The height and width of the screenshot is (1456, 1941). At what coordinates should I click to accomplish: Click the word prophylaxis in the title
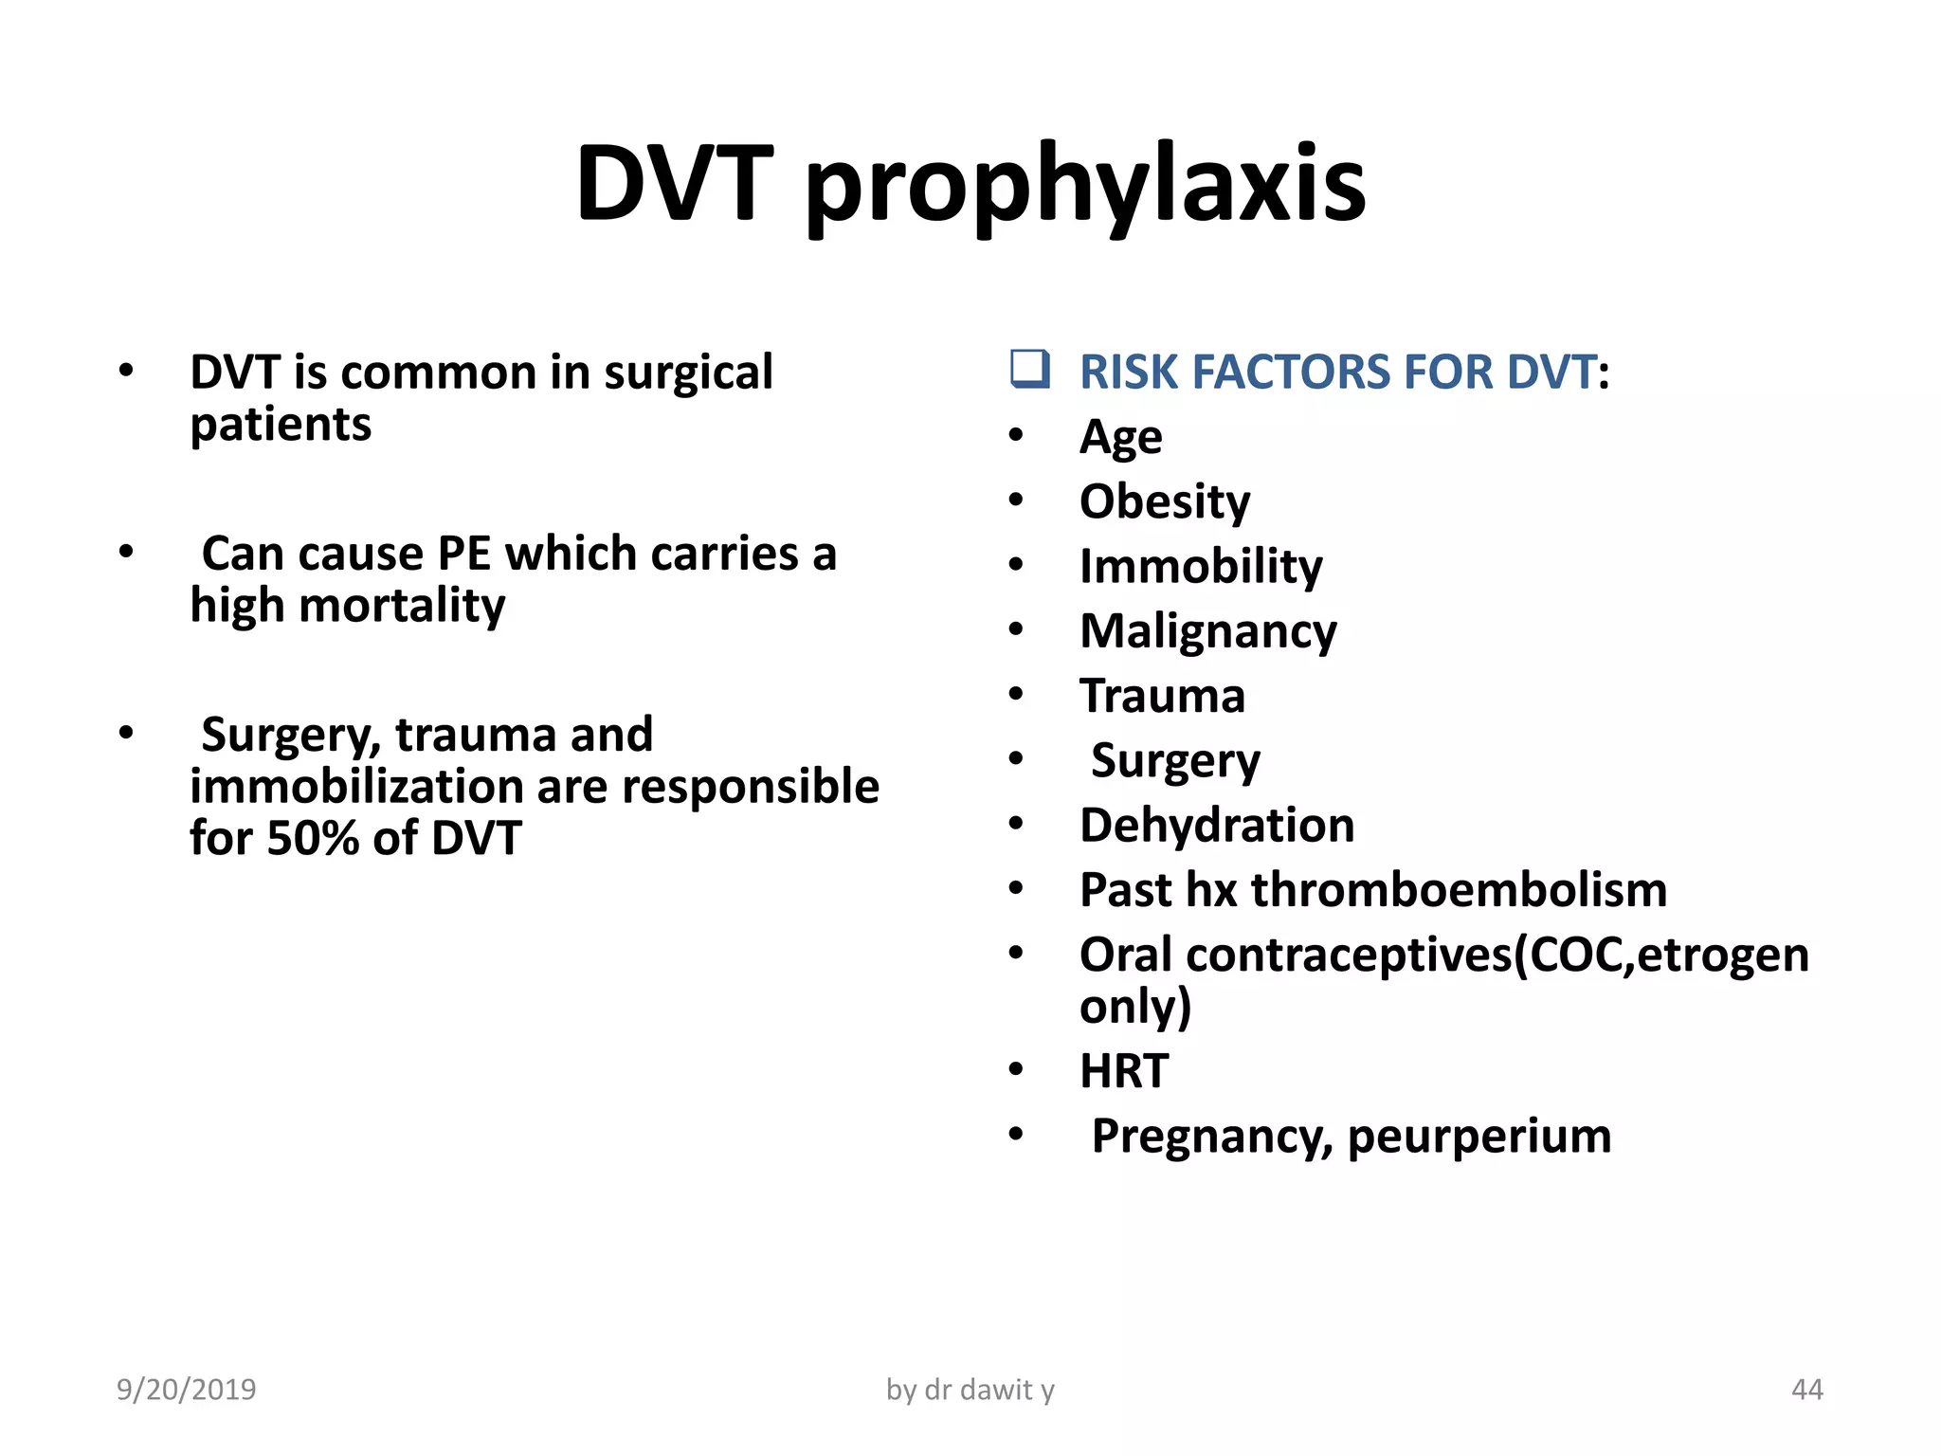[1085, 185]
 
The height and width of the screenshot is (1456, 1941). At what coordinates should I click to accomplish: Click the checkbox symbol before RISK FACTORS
[1029, 369]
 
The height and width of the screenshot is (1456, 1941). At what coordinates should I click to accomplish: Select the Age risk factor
[1120, 437]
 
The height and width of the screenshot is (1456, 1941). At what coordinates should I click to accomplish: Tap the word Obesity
[1165, 501]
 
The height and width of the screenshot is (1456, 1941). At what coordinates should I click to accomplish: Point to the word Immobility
[1201, 567]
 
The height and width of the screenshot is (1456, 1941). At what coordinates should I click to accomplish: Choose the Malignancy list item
[1208, 631]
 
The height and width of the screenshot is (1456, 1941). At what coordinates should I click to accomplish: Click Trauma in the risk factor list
[1162, 696]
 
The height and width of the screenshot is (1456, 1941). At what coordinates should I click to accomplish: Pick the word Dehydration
[1217, 825]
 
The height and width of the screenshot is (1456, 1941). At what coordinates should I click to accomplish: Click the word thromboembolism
[1459, 890]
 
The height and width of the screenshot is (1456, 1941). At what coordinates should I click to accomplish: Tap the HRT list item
[1124, 1071]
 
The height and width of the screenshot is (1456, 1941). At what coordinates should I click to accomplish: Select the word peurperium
[1478, 1136]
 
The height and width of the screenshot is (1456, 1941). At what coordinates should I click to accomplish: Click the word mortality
[402, 606]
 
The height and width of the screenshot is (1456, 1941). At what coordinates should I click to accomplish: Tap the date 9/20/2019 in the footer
[187, 1390]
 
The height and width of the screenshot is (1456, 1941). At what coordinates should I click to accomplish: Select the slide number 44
[1806, 1390]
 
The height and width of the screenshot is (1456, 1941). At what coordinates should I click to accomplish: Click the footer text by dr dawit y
[970, 1390]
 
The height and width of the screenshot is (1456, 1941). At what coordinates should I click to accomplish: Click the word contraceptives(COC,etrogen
[1497, 955]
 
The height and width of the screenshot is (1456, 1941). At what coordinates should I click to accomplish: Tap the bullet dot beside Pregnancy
[1016, 1134]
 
